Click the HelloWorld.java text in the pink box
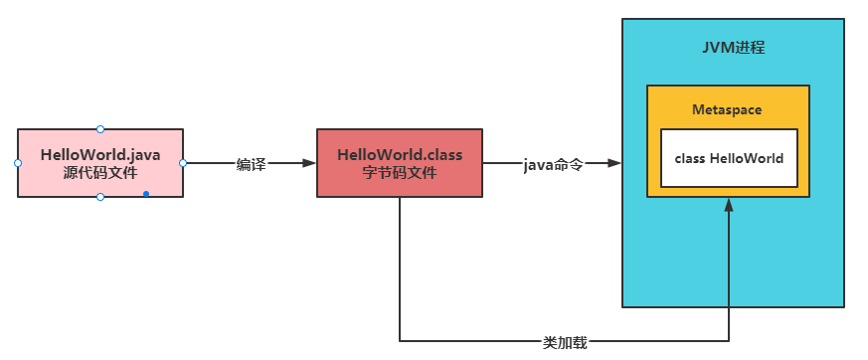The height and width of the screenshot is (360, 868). [100, 155]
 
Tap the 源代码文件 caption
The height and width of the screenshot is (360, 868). [99, 173]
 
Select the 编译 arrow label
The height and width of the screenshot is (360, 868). [251, 164]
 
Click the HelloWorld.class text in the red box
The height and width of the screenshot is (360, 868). [400, 155]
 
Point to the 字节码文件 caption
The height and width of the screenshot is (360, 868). [400, 173]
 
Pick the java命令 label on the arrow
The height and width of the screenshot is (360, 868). [553, 164]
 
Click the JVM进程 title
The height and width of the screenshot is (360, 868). [733, 48]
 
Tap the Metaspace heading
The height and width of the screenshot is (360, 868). [727, 109]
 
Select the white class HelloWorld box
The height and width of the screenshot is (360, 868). [728, 158]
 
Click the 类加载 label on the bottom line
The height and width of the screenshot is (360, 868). [565, 342]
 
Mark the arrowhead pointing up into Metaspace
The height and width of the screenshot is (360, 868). [729, 204]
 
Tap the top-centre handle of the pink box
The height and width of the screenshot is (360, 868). [100, 129]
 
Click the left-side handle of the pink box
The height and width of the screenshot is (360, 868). [18, 163]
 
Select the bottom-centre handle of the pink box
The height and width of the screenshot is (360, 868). [100, 197]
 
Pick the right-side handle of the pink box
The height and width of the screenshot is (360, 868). [184, 163]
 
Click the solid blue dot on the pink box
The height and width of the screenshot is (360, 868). [145, 193]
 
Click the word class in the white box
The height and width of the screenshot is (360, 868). [689, 158]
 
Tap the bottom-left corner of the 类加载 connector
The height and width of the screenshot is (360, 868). [400, 342]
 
